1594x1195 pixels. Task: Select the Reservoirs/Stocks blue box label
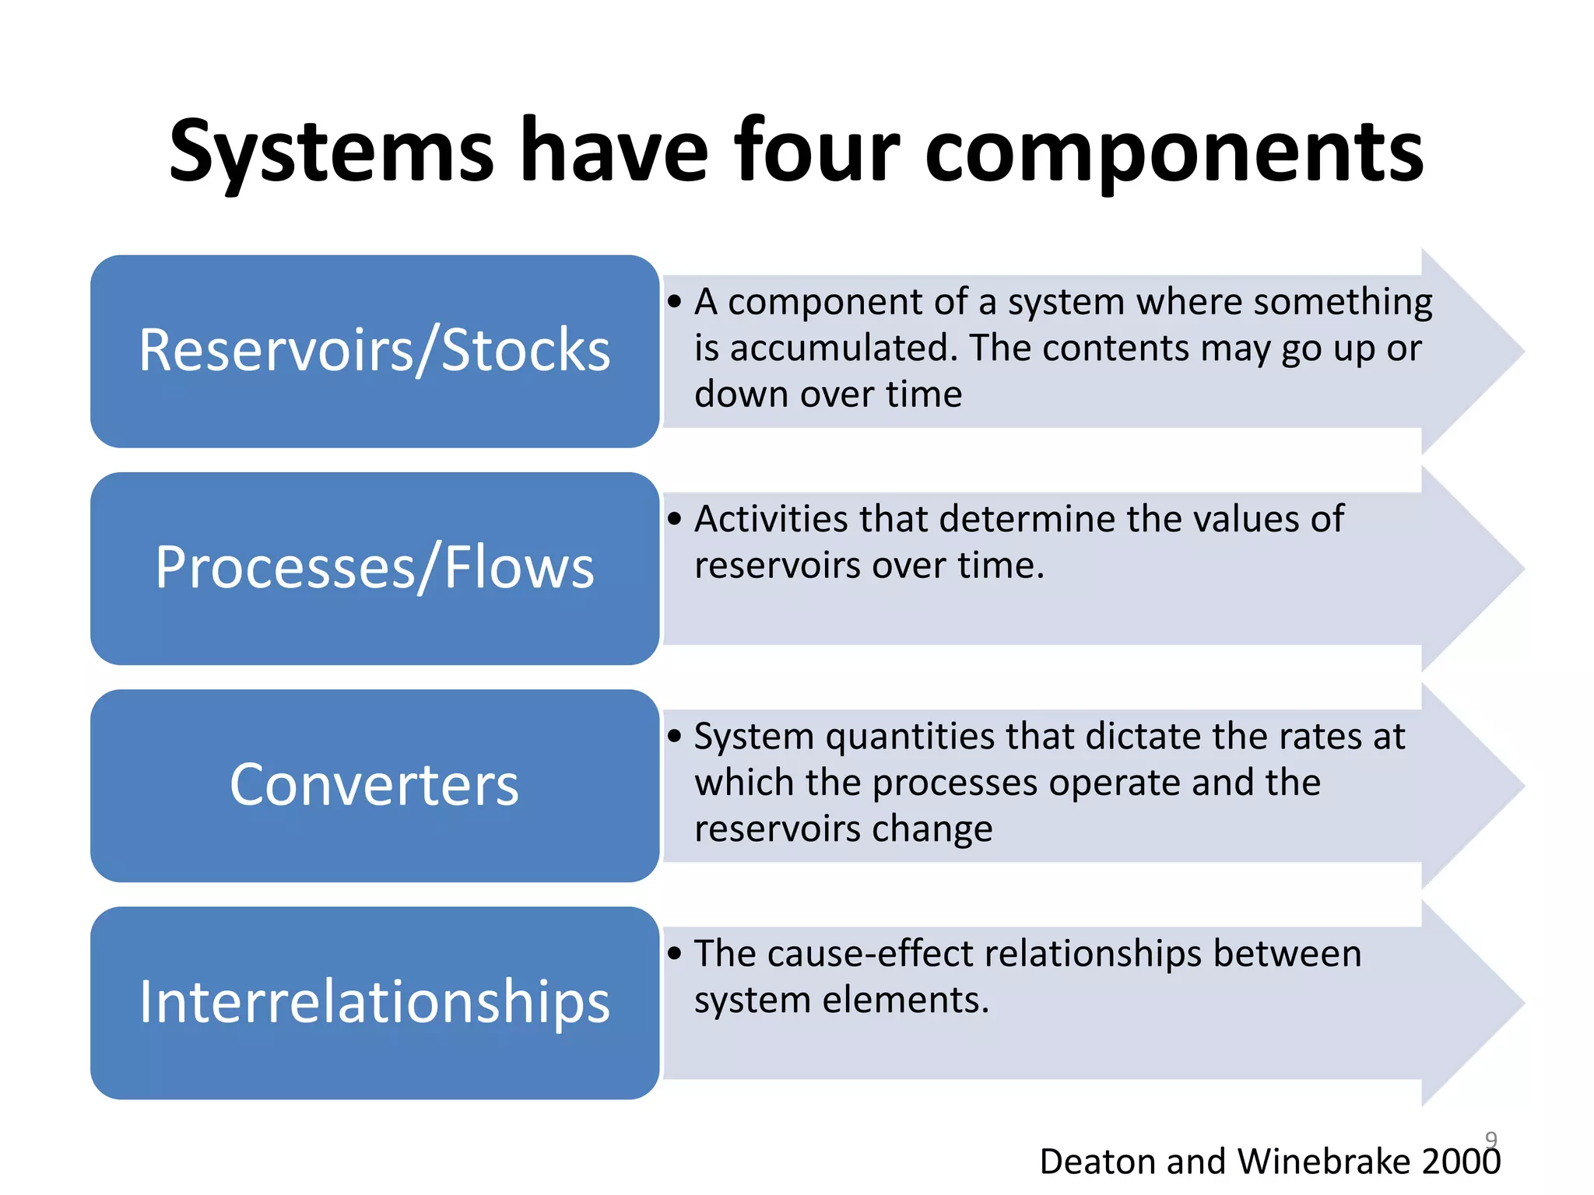click(x=374, y=350)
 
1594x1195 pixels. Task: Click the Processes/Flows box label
click(x=374, y=567)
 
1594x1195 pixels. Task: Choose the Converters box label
click(x=374, y=784)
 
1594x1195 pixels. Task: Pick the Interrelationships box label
click(x=374, y=1001)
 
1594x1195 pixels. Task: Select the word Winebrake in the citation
click(x=1323, y=1162)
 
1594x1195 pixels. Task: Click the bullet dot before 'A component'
click(x=675, y=302)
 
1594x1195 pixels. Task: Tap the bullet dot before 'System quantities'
click(x=675, y=736)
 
